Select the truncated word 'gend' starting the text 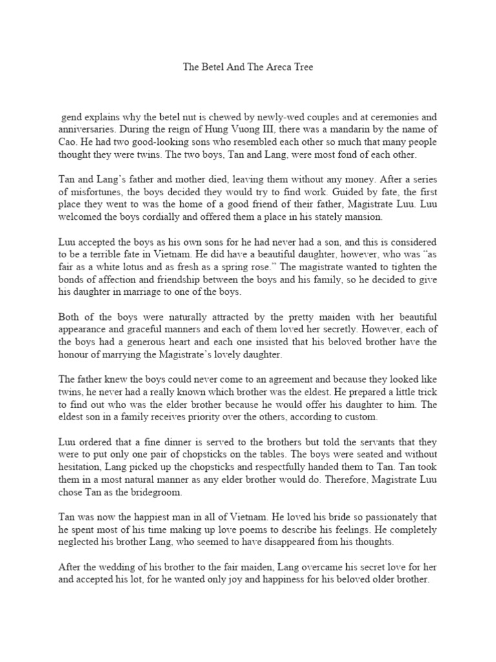pyautogui.click(x=71, y=117)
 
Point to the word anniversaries pyautogui.click(x=85, y=129)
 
